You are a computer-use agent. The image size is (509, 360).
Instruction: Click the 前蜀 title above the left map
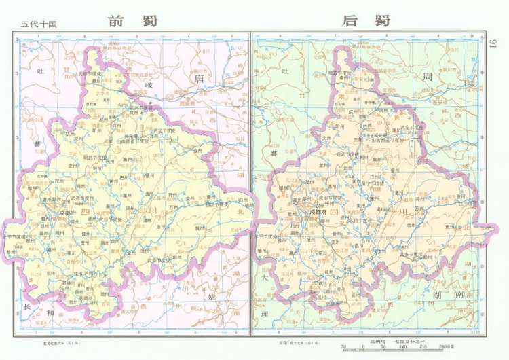point(132,20)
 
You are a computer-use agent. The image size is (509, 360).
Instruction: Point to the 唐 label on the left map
point(199,79)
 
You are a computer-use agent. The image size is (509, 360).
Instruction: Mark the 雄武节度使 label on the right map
point(343,73)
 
